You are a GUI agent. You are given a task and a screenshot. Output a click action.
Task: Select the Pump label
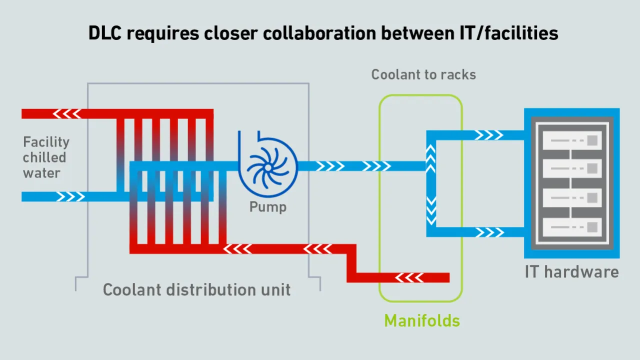(268, 206)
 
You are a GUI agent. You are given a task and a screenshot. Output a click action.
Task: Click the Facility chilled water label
(46, 157)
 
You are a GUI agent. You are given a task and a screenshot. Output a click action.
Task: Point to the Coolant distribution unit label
(197, 290)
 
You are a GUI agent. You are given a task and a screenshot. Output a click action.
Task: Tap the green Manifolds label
(422, 320)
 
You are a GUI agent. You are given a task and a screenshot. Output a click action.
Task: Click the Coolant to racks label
(423, 75)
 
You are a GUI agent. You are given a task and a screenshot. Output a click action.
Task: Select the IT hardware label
(571, 272)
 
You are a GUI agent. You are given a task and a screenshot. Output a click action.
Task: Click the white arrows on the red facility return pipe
(67, 114)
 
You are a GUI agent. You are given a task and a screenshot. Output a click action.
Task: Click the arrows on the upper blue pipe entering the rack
(488, 135)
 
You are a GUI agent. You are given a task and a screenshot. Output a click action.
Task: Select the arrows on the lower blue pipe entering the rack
(488, 232)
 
